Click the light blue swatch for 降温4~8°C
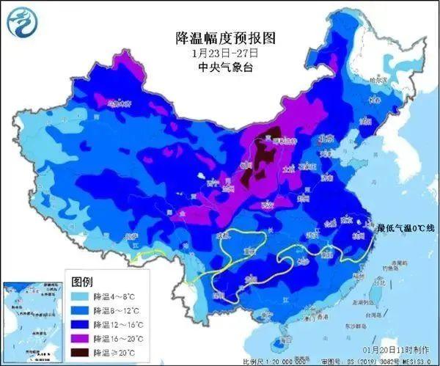(81, 296)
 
